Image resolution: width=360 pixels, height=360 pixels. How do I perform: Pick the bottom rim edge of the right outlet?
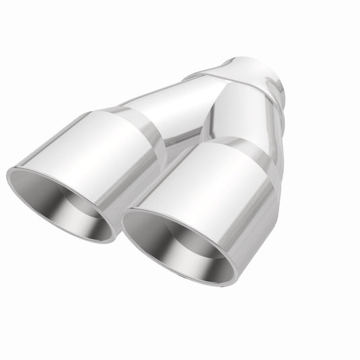tap(195, 283)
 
